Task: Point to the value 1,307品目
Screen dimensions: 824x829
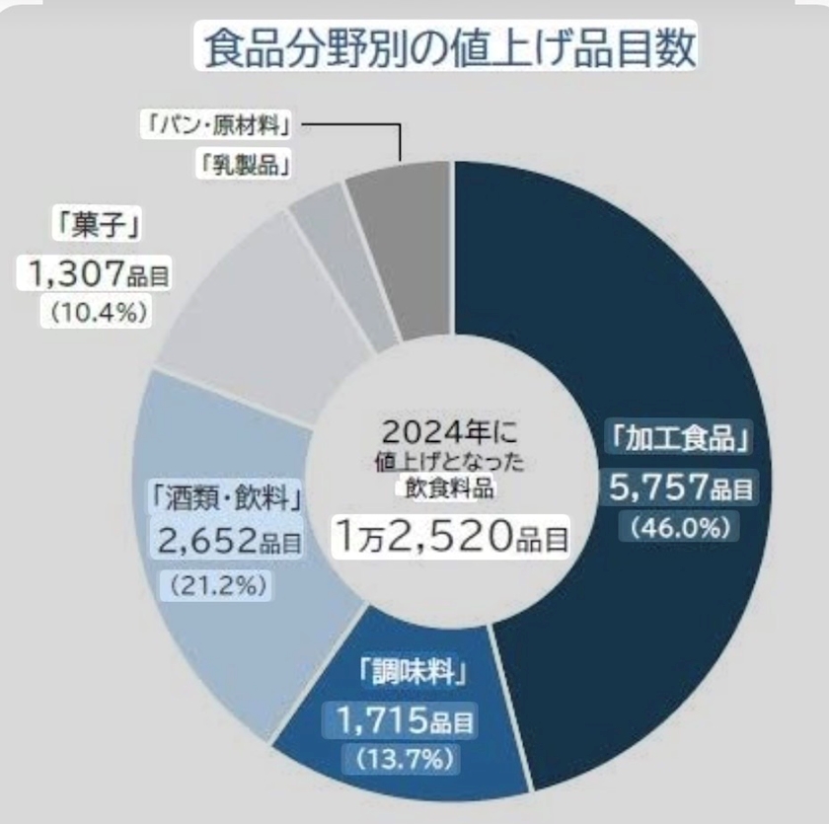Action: [92, 271]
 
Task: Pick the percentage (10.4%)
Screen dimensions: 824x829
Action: [93, 312]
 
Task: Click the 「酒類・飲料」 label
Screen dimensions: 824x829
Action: [228, 494]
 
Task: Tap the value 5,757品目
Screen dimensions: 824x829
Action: [679, 485]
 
